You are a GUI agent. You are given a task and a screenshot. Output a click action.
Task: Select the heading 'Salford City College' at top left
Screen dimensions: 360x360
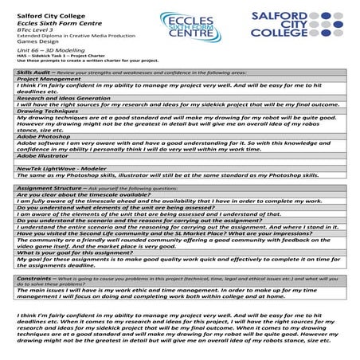coord(48,7)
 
